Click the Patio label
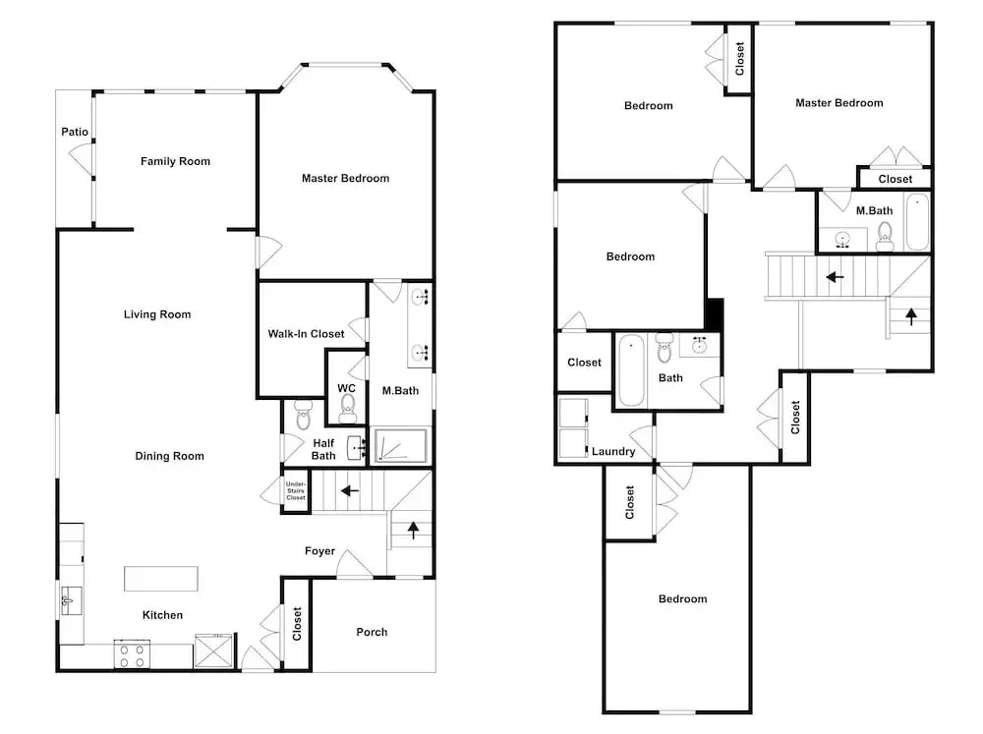pos(75,132)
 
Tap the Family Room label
pos(175,161)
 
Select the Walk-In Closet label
pos(306,333)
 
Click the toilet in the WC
pos(347,408)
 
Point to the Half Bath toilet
pos(303,415)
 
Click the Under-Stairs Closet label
pos(295,490)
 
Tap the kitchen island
pos(161,579)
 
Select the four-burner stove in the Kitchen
pos(132,653)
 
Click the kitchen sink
pos(71,600)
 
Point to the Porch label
pos(372,632)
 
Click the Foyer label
pos(319,551)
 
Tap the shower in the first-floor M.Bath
pos(400,445)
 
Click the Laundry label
pos(613,451)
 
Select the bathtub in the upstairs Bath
pos(631,370)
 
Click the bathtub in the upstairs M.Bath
pos(918,222)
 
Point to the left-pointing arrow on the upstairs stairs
pos(835,276)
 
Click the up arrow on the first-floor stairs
pos(413,530)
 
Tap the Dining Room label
pos(169,456)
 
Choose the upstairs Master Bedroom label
pos(838,103)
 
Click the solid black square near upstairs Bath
pos(715,313)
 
